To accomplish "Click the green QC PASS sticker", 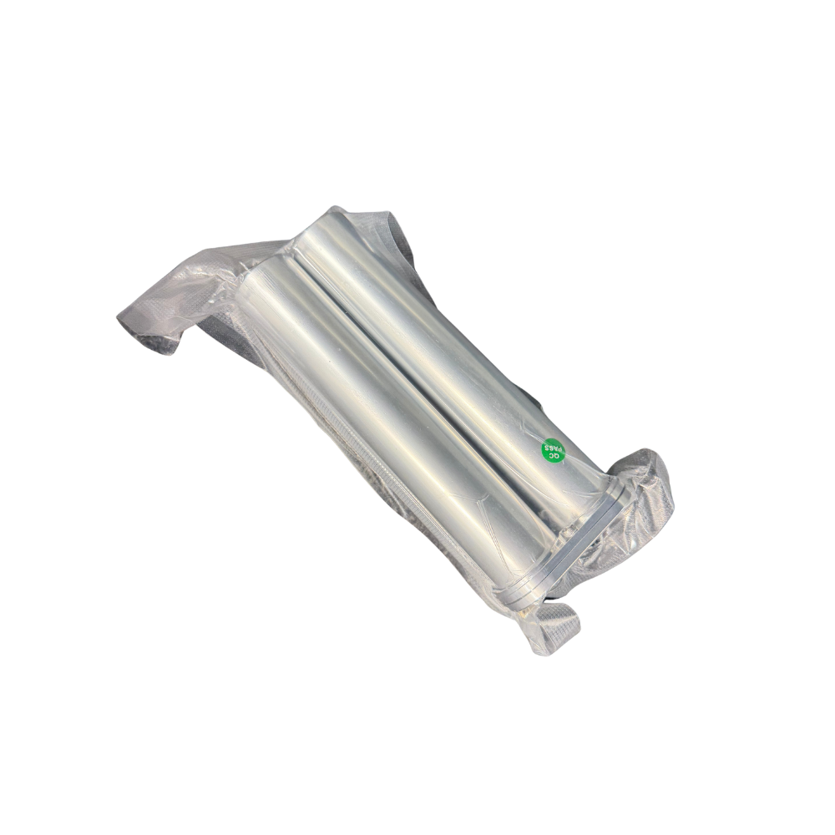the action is (x=554, y=451).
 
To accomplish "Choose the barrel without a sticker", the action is (x=389, y=421).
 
